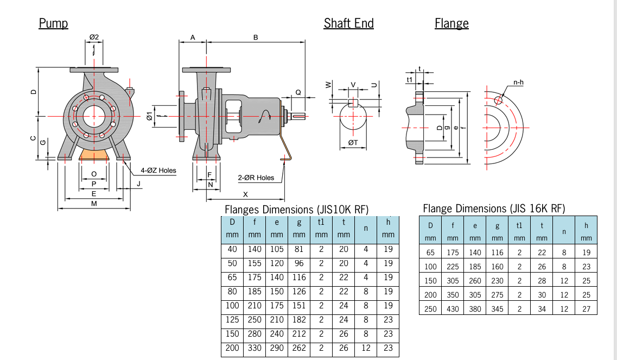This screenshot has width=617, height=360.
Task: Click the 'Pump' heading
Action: (53, 23)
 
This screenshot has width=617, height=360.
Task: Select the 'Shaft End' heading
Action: (348, 23)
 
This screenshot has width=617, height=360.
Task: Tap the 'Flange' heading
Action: (451, 23)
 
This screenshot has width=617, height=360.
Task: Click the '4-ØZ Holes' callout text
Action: (158, 170)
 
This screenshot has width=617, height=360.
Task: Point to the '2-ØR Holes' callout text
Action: (256, 178)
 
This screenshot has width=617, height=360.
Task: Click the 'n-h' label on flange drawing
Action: (518, 83)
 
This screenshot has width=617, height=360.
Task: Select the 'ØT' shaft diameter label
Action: (353, 142)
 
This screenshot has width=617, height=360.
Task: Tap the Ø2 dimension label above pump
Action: (94, 37)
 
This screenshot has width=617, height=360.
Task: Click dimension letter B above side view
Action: (255, 37)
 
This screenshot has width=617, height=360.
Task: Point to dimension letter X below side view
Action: (245, 194)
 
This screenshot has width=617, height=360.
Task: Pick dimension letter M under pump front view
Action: (94, 204)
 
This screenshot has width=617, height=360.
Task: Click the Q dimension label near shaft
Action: (298, 92)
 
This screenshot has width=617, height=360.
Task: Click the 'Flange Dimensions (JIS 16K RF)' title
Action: (494, 209)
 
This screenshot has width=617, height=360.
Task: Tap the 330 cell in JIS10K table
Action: (254, 348)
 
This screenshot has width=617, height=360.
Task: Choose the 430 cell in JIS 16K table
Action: (453, 309)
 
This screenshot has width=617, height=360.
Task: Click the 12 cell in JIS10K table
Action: (366, 348)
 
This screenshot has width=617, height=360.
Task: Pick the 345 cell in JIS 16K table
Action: (497, 309)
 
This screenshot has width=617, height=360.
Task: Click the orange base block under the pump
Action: (94, 156)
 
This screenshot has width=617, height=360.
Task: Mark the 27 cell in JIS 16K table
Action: (586, 309)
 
